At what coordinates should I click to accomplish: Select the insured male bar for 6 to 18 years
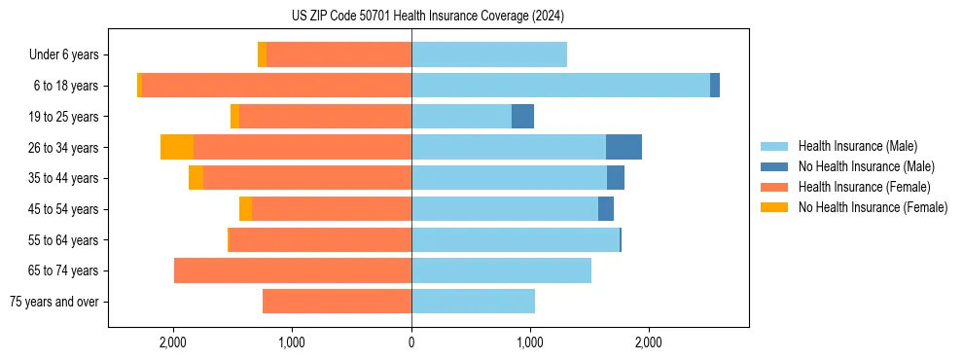coord(560,86)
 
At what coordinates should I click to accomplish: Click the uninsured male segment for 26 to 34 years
coord(624,147)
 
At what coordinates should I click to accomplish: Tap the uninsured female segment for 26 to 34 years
coord(177,147)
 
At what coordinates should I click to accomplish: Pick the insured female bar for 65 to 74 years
coord(293,270)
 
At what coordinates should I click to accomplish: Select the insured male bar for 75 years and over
coord(473,302)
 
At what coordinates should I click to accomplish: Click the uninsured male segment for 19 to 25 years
coord(522,117)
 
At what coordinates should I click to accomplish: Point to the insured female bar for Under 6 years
coord(339,54)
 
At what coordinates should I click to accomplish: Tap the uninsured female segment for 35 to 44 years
coord(196,178)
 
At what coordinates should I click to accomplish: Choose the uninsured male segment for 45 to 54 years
coord(606,209)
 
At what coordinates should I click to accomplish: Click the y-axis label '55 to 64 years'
coord(64,240)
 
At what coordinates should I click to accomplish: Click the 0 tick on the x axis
coord(411,342)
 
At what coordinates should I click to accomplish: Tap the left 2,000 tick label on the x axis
coord(173,342)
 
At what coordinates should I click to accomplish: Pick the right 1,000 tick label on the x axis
coord(530,342)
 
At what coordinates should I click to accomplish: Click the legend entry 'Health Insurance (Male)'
coord(851,146)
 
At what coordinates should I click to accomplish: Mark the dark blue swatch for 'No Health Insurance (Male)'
coord(774,166)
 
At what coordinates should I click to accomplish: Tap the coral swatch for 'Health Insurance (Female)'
coord(774,187)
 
